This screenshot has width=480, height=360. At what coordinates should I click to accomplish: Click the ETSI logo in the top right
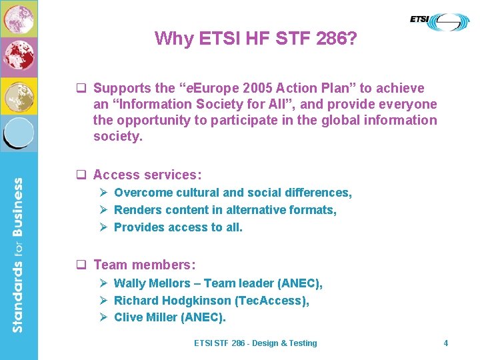pos(439,21)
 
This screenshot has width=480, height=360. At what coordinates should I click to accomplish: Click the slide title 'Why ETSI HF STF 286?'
pos(256,39)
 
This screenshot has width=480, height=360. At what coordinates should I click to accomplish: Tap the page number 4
pos(446,343)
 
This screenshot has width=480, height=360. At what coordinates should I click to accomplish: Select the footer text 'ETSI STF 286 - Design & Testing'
pos(255,343)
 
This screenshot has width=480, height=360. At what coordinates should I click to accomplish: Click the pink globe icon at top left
pos(19,19)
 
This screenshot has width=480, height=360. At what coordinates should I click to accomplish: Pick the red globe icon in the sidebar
pos(19,57)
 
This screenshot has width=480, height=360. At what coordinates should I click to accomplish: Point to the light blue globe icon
pos(19,133)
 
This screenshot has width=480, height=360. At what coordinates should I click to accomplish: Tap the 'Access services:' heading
pos(147,175)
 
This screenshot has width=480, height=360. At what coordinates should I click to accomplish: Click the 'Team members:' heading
pos(144,265)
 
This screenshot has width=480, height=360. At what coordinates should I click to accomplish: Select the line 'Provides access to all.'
pos(178,227)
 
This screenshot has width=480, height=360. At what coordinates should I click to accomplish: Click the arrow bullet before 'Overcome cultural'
pos(104,193)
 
